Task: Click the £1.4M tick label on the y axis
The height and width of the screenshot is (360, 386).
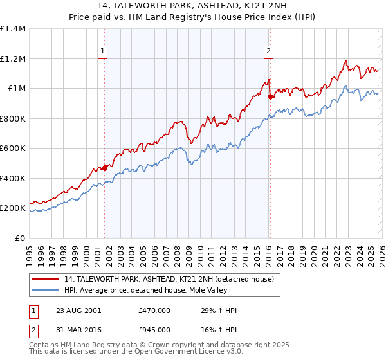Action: pos(14,29)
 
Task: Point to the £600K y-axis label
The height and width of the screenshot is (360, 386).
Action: pos(13,148)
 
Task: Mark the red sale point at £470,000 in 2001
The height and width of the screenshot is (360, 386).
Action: pos(104,168)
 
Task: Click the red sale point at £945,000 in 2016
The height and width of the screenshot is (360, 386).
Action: pos(270,97)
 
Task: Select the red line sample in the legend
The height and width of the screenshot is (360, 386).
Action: pos(46,279)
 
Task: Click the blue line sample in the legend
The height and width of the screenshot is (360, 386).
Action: pos(46,290)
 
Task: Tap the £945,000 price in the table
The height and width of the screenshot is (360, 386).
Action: pos(154,329)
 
